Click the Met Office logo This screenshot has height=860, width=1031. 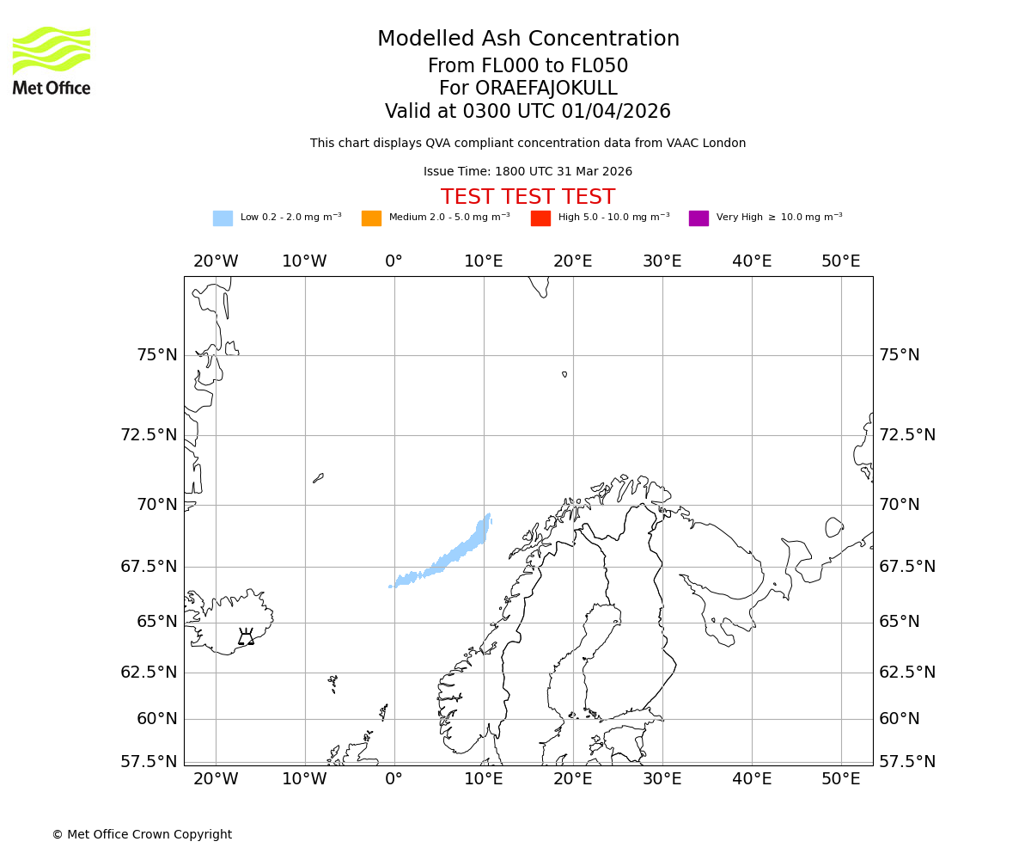52,60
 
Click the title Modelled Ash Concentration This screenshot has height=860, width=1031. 528,39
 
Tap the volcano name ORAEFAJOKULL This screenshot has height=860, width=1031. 528,89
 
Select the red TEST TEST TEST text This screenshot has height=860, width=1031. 528,197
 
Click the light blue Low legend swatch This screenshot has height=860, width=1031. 223,218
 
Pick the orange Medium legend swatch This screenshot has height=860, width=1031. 371,218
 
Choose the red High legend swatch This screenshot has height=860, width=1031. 540,218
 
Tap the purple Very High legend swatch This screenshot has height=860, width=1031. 699,218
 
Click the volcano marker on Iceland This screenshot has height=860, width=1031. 246,638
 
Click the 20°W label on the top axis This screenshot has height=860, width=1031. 216,261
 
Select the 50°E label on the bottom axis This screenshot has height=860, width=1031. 840,779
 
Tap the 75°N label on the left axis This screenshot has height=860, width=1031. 156,355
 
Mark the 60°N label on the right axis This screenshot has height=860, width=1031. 899,719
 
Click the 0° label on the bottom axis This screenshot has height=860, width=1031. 394,779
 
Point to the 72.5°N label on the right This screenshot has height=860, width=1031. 906,435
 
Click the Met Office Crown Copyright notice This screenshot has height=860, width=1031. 142,834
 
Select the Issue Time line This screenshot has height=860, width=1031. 528,172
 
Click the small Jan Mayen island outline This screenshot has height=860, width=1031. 318,478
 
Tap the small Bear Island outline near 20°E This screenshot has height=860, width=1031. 564,374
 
